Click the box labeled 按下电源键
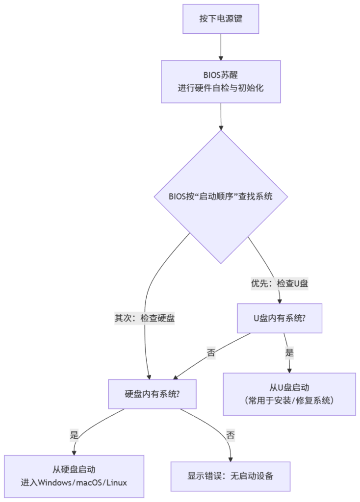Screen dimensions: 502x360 (221, 19)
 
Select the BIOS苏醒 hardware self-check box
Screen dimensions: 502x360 (221, 81)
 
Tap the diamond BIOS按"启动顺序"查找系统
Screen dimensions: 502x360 (221, 196)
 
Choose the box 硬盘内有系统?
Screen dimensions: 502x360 (152, 394)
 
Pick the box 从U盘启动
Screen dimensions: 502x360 (289, 394)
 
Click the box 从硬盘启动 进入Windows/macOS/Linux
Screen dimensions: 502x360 (74, 476)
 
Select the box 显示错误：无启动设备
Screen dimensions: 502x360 (230, 476)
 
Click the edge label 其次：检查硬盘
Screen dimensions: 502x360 (145, 318)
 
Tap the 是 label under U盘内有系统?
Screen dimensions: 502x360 (289, 352)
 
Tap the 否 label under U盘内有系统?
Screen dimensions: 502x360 (211, 352)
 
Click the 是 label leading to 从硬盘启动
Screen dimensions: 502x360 (75, 434)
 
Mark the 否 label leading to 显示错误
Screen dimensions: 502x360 (230, 434)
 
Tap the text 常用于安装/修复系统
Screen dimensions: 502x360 (289, 401)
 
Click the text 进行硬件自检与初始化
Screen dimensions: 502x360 (221, 88)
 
